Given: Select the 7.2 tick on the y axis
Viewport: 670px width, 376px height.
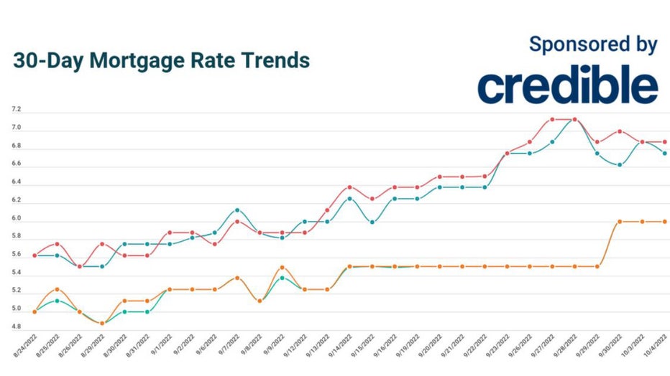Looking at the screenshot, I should point(17,110).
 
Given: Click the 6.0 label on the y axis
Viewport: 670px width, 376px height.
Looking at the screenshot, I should point(17,219).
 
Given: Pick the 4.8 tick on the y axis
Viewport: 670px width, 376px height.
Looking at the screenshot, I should point(17,327).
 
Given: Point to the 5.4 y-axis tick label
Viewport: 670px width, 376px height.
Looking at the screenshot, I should point(17,273).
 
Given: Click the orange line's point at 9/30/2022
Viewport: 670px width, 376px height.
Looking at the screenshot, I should point(619,222).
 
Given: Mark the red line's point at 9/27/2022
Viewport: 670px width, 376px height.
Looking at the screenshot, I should point(551,120).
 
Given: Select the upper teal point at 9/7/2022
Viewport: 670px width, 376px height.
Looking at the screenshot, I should point(237,210).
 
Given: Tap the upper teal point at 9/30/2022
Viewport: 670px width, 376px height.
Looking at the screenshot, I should point(619,165).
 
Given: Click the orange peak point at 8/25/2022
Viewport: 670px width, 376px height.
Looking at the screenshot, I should point(57,289).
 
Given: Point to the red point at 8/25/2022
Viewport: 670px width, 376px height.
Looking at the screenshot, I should point(57,244).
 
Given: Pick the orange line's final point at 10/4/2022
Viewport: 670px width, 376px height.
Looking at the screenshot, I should point(664,222).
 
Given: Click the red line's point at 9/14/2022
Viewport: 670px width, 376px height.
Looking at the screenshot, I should point(349,187).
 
